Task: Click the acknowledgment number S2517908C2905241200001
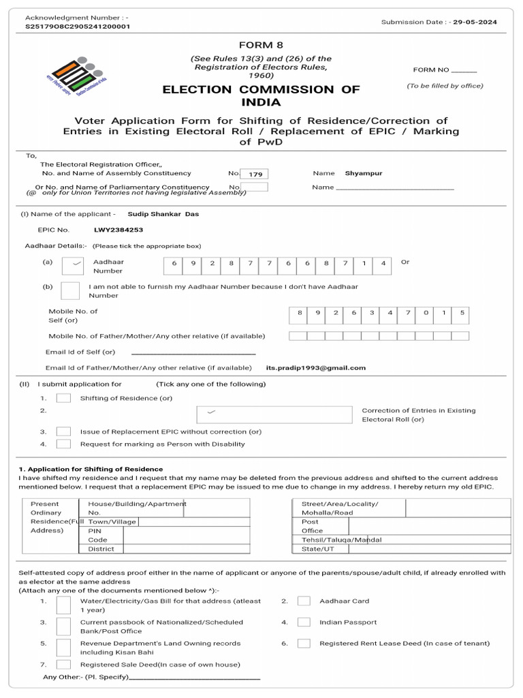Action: (77, 26)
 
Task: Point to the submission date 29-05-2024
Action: (477, 22)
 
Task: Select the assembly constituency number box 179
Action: (255, 174)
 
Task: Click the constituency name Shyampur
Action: (364, 174)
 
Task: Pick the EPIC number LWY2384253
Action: (118, 230)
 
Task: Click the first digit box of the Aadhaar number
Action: (174, 263)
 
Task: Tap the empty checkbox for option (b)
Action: (70, 291)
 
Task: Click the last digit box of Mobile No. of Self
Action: (461, 313)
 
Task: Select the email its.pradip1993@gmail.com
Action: (316, 368)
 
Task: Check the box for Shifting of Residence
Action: (63, 398)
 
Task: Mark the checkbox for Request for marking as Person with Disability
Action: (63, 444)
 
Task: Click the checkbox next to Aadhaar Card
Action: (304, 601)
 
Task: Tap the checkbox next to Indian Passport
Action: (304, 622)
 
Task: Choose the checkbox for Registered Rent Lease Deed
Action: (304, 643)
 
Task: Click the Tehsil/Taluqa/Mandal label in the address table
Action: (341, 540)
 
